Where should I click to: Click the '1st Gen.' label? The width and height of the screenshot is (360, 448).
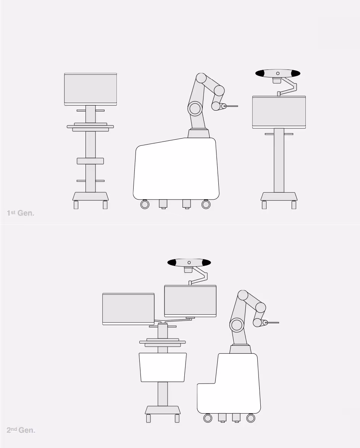21,213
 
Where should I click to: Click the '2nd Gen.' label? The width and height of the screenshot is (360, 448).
21,430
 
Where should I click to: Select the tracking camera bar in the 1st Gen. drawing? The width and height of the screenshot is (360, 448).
278,73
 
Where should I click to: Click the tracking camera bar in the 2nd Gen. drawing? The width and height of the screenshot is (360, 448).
189,262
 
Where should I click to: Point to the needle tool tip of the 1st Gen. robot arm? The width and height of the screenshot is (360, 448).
237,106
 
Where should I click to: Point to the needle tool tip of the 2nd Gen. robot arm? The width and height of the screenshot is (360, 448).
279,322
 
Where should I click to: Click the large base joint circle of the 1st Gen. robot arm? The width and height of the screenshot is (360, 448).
195,108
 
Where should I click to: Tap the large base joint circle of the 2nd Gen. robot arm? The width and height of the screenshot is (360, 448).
237,325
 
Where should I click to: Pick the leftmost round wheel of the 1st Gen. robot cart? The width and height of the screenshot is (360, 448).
145,204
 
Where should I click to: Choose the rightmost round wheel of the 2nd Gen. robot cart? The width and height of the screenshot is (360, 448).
251,418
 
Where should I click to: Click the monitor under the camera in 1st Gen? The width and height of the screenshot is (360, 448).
279,112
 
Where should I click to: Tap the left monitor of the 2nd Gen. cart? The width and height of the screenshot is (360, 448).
128,309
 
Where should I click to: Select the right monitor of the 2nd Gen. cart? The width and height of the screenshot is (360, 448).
190,301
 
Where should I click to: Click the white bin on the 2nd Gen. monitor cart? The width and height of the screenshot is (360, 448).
163,367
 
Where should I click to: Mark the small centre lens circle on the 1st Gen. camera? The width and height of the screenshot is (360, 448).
278,73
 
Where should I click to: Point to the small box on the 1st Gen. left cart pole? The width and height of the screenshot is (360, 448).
90,161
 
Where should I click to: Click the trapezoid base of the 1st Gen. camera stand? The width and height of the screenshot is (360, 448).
279,197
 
